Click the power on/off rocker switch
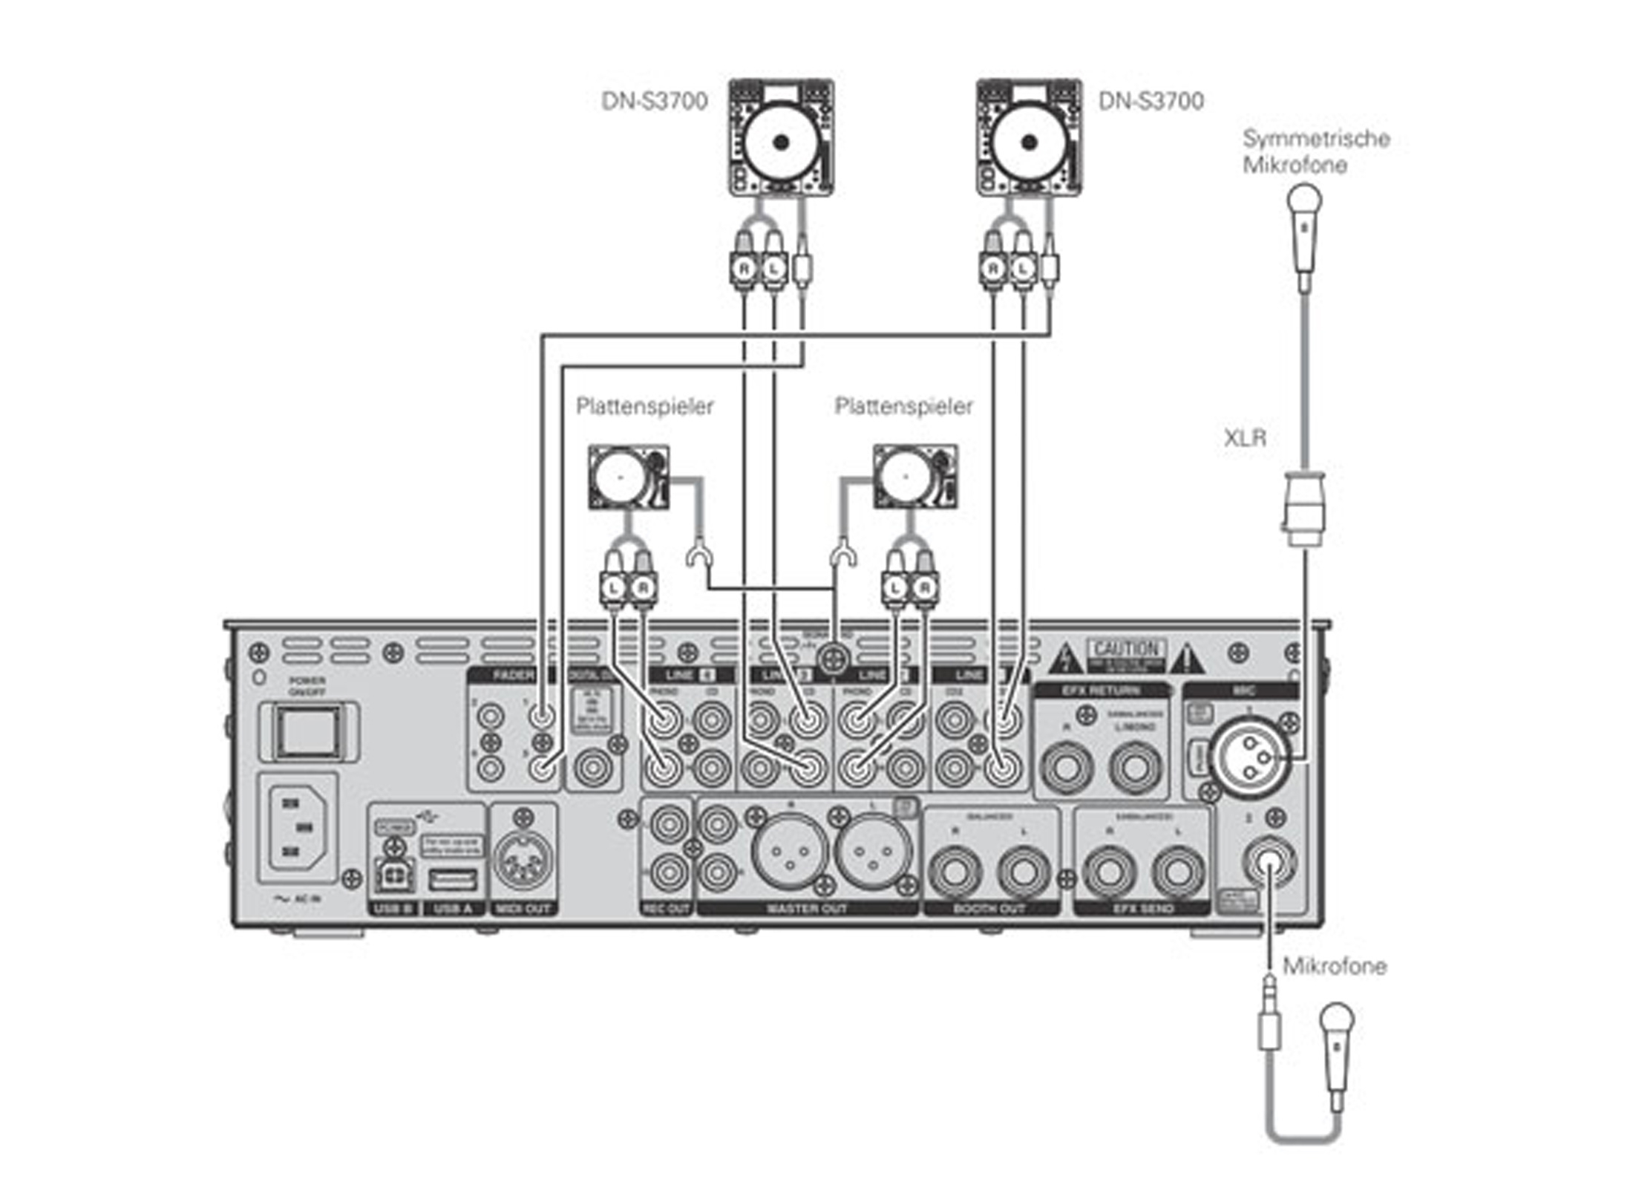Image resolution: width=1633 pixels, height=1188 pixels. [308, 732]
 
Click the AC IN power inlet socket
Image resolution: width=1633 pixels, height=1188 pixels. [297, 827]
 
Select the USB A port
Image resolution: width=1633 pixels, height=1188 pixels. [452, 881]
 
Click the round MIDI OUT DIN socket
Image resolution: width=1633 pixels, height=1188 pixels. [523, 858]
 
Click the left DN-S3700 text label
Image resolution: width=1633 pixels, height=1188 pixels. [654, 101]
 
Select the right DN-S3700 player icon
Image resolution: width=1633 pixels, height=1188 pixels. [1028, 138]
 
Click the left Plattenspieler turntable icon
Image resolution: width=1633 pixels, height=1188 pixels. [628, 477]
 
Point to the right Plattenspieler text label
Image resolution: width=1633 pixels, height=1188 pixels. [903, 406]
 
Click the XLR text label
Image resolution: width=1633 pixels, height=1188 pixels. [1244, 438]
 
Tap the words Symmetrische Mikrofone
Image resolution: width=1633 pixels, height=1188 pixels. [1315, 151]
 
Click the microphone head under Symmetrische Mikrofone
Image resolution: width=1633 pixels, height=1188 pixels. [1304, 202]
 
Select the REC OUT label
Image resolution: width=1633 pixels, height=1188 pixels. [666, 908]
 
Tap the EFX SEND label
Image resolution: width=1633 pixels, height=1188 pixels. [1143, 908]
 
